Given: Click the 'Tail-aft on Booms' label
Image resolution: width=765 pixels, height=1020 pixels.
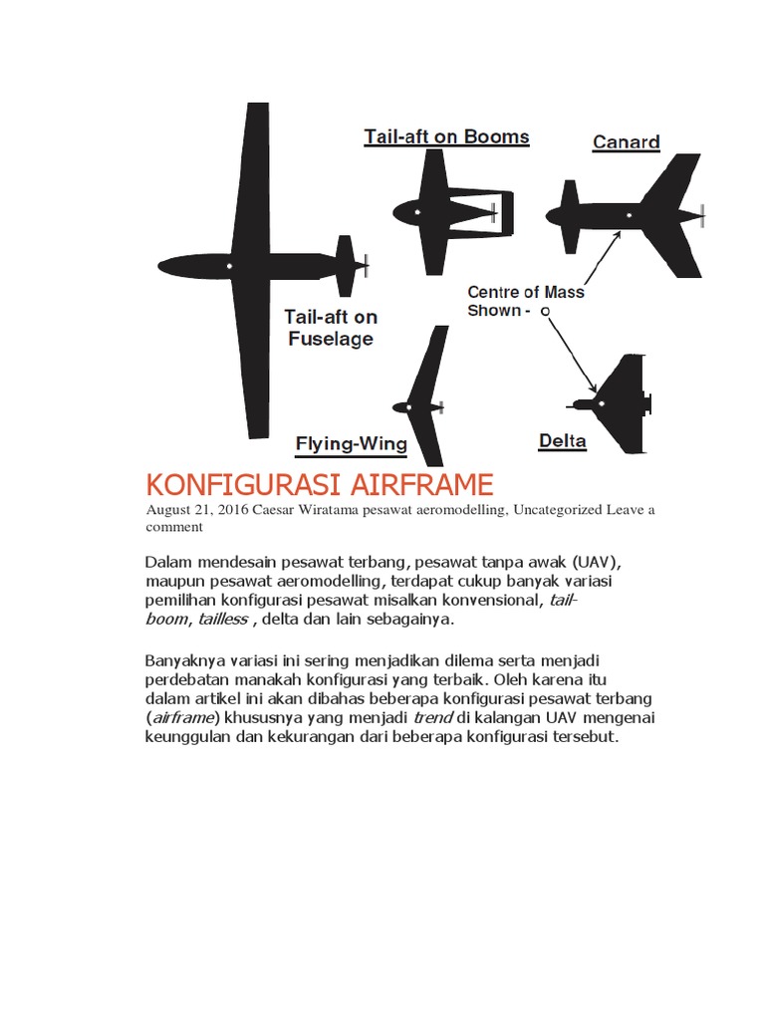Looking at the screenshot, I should click(x=446, y=136).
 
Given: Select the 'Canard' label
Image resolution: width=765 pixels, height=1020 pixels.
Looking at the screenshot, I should click(x=626, y=141).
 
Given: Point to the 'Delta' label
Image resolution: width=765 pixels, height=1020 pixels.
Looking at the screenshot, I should click(x=562, y=440).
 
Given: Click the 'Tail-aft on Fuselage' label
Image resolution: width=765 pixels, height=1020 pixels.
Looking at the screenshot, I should click(x=331, y=328).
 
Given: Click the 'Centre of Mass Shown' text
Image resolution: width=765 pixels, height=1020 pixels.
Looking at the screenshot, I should click(x=525, y=301).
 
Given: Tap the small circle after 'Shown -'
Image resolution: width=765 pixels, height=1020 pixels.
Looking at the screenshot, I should click(x=545, y=312).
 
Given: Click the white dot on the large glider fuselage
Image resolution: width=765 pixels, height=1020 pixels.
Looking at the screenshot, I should click(x=229, y=266).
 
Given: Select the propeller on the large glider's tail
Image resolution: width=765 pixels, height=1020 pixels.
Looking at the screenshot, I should click(x=367, y=265).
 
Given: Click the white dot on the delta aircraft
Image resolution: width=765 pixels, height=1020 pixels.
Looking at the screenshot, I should click(x=601, y=403).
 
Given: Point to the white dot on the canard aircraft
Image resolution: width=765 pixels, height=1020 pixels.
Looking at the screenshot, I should click(x=629, y=214).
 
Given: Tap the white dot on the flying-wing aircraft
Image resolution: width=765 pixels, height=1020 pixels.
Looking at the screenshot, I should click(x=408, y=406).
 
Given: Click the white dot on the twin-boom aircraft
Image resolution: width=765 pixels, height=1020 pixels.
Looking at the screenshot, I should click(x=417, y=212).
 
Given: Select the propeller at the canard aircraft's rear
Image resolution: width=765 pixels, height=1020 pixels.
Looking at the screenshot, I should click(x=703, y=214).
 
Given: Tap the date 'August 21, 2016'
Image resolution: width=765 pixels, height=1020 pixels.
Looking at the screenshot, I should click(x=195, y=509).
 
